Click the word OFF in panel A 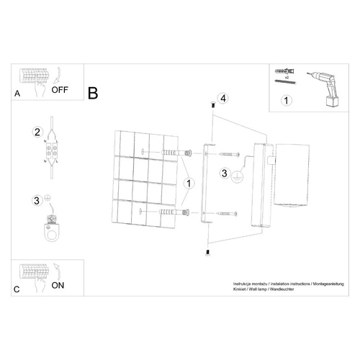click(60, 91)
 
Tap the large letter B click(93, 93)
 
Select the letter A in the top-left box click(17, 94)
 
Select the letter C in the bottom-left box click(17, 289)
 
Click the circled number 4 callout click(223, 98)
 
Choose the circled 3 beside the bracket click(225, 173)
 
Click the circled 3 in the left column click(37, 200)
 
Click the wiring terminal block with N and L click(53, 153)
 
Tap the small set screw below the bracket click(207, 251)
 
